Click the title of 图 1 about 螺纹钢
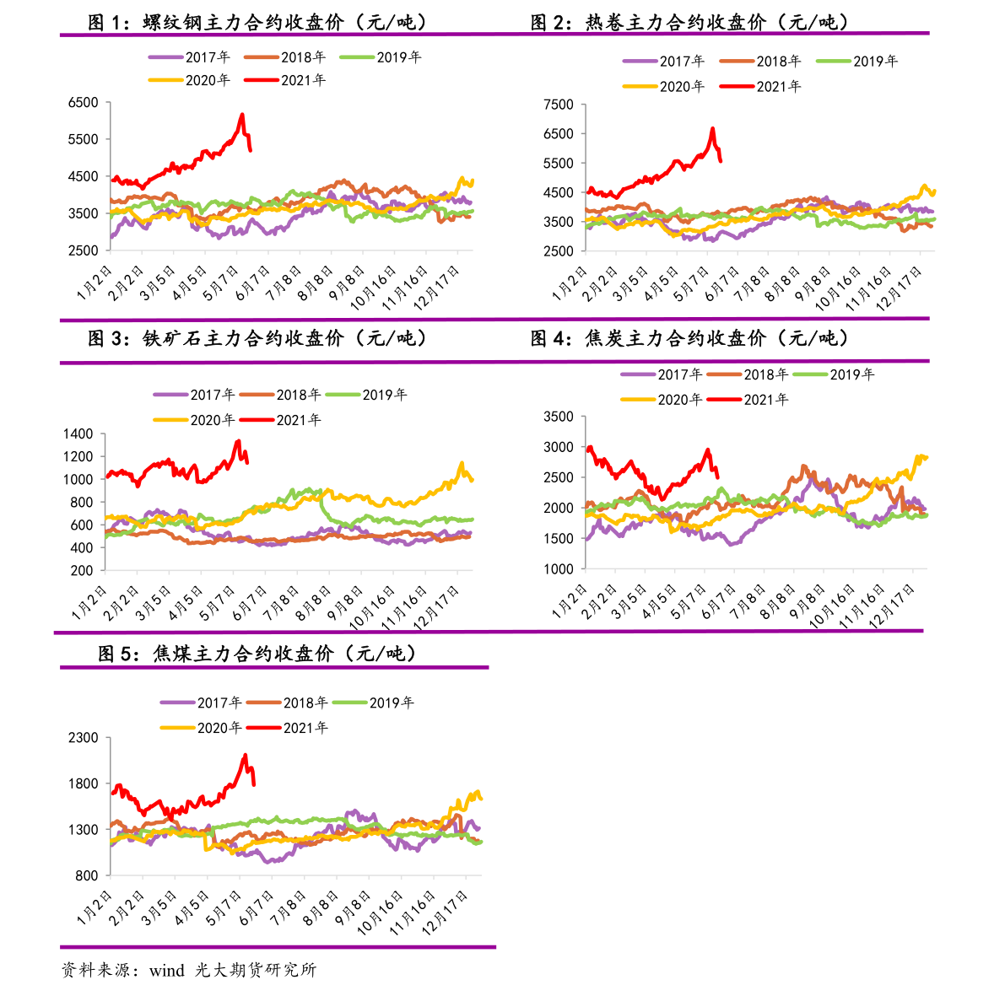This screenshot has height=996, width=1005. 257,23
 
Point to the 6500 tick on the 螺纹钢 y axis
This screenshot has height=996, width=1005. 83,103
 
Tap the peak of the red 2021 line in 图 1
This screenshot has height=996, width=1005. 242,115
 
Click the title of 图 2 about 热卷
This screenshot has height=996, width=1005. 690,23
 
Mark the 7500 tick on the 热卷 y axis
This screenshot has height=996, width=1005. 559,105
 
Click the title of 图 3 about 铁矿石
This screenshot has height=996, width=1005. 257,338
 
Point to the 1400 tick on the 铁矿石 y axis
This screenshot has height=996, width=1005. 78,434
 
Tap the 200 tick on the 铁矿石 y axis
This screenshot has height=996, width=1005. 82,571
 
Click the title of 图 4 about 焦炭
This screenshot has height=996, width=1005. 690,338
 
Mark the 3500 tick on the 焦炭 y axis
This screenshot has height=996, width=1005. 559,417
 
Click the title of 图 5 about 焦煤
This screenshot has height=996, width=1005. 257,654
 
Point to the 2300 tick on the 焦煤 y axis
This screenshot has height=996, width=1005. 83,738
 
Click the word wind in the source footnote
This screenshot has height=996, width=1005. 167,971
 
